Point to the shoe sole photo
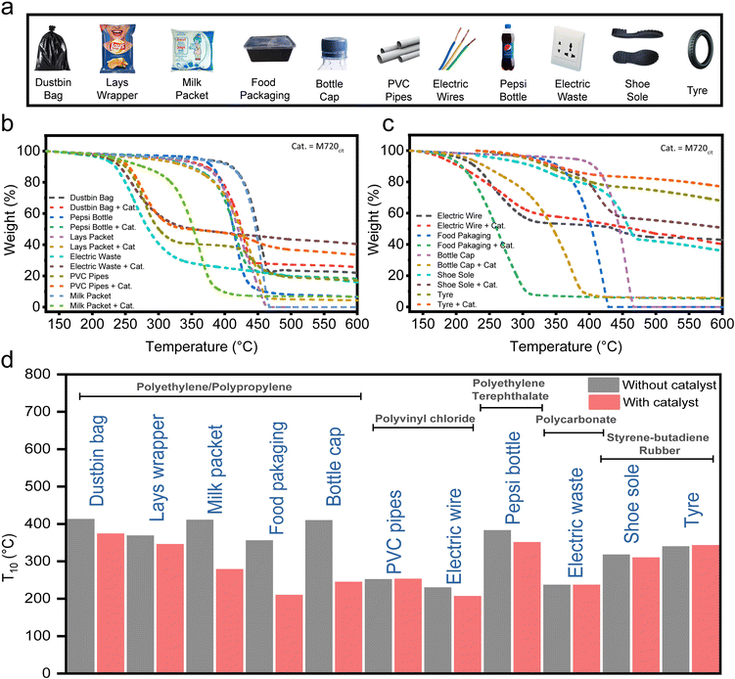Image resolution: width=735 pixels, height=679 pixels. (x=632, y=44)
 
